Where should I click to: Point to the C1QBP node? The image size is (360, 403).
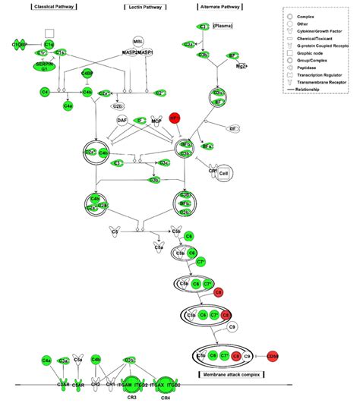(19, 46)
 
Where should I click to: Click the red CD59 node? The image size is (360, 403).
(274, 356)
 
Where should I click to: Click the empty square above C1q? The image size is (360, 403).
(49, 33)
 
